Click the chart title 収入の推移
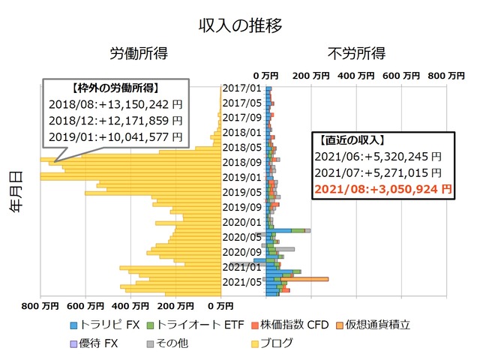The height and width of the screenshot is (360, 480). (240, 25)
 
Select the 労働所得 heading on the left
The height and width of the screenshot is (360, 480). (139, 54)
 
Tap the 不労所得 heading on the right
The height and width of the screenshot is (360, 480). (356, 54)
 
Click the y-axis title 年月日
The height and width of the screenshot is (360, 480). (16, 193)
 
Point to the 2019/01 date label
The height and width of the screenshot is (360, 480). (241, 178)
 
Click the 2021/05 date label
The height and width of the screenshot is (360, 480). (241, 283)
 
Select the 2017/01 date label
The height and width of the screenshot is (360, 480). (241, 88)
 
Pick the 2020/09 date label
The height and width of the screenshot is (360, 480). (241, 253)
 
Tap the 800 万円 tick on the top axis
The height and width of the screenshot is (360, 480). (444, 76)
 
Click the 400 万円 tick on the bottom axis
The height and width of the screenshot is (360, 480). (124, 306)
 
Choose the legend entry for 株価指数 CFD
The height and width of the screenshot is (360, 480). (293, 325)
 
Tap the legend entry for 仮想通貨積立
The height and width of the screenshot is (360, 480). (378, 325)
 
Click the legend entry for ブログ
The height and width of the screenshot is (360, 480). (270, 343)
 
